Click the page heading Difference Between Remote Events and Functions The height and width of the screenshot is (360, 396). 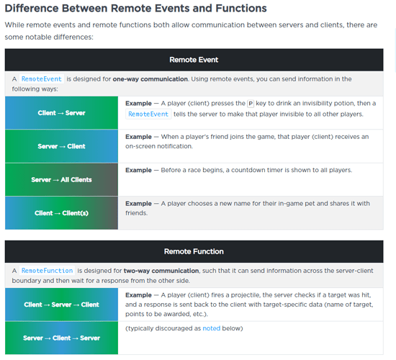pyautogui.click(x=135, y=9)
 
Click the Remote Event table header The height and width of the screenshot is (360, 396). pyautogui.click(x=194, y=60)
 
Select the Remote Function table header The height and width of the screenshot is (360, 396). pyautogui.click(x=194, y=251)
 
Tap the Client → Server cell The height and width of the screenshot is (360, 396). pyautogui.click(x=61, y=113)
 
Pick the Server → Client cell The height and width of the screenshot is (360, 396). pyautogui.click(x=61, y=146)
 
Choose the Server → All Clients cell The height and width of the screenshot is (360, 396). pyautogui.click(x=61, y=179)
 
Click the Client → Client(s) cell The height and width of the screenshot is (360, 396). pyautogui.click(x=61, y=213)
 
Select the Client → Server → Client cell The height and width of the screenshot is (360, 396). pyautogui.click(x=61, y=305)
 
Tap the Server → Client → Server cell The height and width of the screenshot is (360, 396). pyautogui.click(x=61, y=338)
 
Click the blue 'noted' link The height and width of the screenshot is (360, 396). pyautogui.click(x=212, y=328)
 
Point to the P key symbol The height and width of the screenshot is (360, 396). pyautogui.click(x=251, y=104)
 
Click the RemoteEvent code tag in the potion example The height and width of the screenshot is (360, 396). pyautogui.click(x=148, y=114)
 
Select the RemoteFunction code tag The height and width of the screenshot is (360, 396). pyautogui.click(x=47, y=271)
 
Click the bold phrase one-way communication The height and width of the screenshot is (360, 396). pyautogui.click(x=150, y=79)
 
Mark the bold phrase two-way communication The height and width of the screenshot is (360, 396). pyautogui.click(x=161, y=271)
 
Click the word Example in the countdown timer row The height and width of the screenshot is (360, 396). pyautogui.click(x=138, y=170)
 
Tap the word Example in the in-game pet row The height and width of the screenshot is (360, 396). pyautogui.click(x=138, y=204)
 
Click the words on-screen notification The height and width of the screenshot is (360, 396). pyautogui.click(x=159, y=146)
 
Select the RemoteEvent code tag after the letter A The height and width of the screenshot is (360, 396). pyautogui.click(x=42, y=79)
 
